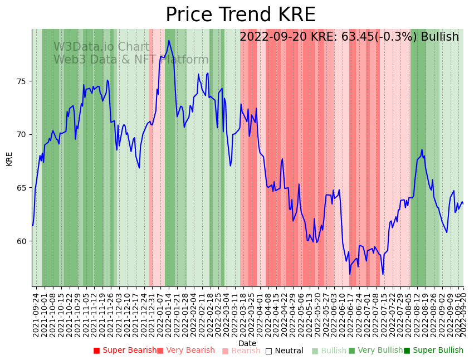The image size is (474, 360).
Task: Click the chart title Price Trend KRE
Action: (240, 15)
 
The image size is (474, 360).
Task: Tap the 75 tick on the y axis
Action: (22, 81)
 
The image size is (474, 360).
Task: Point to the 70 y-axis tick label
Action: (22, 134)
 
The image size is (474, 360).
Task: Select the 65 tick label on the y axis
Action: (22, 188)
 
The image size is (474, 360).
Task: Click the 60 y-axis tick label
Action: (22, 241)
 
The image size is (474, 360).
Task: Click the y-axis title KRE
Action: (9, 158)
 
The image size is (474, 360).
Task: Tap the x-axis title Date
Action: (247, 343)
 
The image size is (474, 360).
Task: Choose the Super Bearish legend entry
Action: (125, 351)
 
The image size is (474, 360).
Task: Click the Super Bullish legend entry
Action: (433, 351)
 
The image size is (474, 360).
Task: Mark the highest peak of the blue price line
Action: (169, 40)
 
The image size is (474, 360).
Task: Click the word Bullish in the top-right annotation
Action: (440, 37)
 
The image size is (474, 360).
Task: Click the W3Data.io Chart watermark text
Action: (101, 47)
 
